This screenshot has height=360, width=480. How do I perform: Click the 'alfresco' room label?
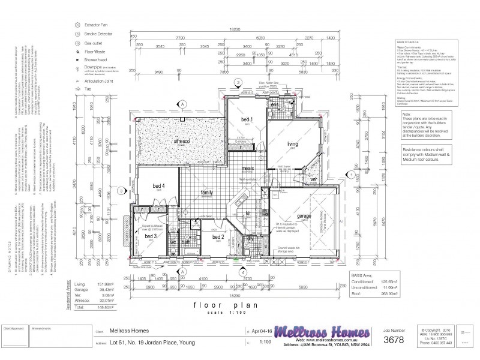click(x=182, y=141)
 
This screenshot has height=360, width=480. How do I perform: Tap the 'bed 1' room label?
click(x=247, y=120)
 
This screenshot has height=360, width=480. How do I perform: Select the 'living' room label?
click(x=293, y=144)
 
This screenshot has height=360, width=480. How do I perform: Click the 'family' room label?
click(x=207, y=193)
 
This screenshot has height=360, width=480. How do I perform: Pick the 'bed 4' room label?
click(x=158, y=186)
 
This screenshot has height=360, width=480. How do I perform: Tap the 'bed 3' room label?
click(x=151, y=236)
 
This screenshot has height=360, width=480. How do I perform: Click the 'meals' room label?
click(x=248, y=169)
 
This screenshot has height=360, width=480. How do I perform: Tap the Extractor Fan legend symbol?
click(x=77, y=25)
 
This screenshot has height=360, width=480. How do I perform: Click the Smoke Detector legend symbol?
click(x=77, y=35)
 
